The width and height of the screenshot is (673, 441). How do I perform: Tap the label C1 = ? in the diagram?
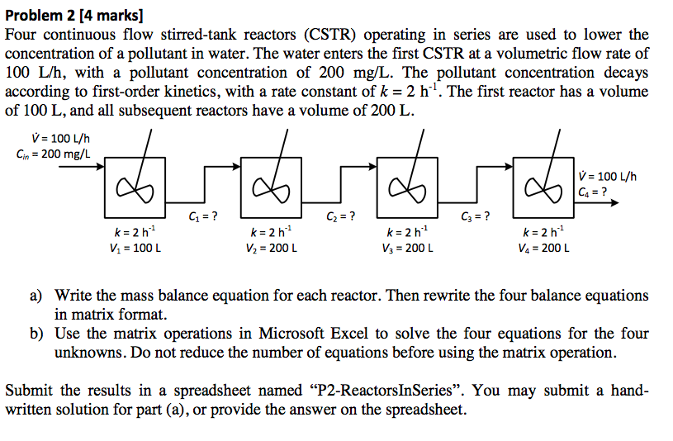pos(203,216)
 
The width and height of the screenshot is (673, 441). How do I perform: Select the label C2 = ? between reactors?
pos(341,216)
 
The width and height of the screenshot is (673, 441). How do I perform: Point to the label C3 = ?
pos(475,216)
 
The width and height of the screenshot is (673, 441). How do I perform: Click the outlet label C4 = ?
pos(595,192)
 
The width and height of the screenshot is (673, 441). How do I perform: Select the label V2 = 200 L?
pos(271,247)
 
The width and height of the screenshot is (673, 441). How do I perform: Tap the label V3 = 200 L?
pos(407,247)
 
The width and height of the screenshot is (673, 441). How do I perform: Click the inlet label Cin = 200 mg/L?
pos(54,154)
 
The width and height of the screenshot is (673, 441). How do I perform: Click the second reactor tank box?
pos(273,187)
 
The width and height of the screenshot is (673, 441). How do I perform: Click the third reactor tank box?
pos(408,187)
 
